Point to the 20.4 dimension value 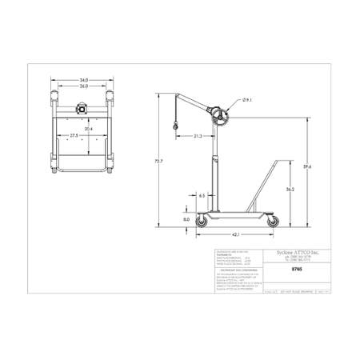87,128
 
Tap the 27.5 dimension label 74,136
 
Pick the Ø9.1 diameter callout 248,100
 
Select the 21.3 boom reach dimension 197,136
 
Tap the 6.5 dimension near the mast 201,194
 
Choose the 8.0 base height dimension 186,218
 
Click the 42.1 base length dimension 237,235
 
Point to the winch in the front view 80,108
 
